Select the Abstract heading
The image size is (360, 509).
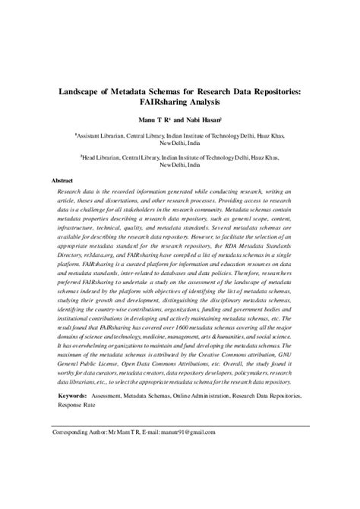coord(61,181)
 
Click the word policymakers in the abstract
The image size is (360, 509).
coord(235,375)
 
